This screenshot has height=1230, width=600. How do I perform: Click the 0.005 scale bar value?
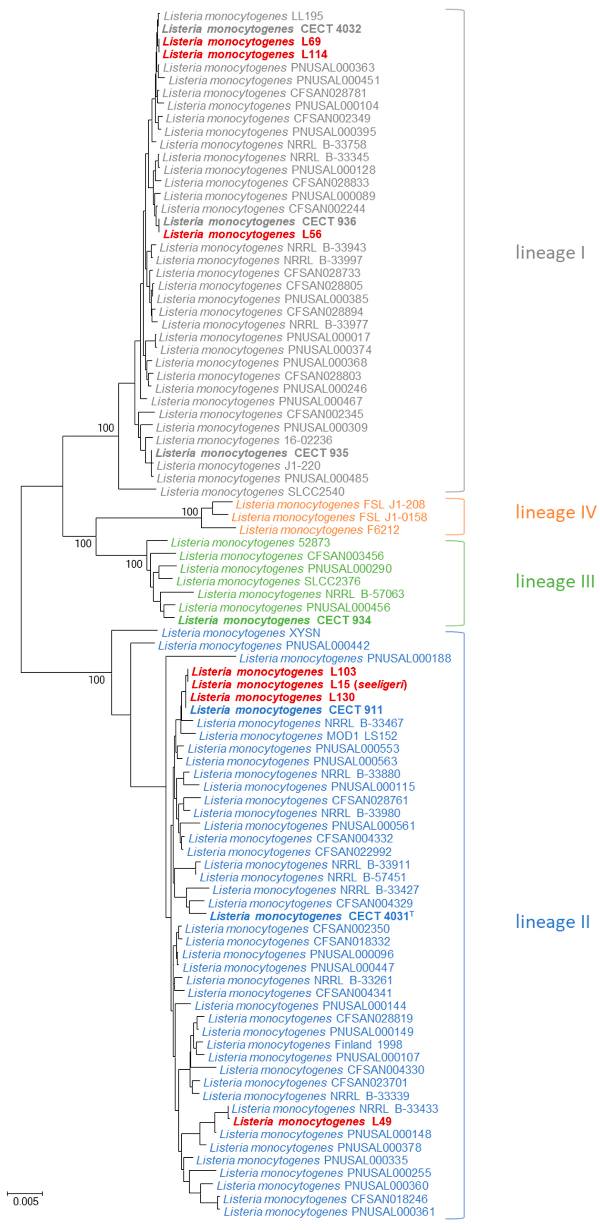[x=25, y=1201]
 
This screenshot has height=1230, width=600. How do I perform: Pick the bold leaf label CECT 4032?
[x=261, y=29]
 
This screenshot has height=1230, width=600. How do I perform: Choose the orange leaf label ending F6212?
[x=319, y=530]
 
